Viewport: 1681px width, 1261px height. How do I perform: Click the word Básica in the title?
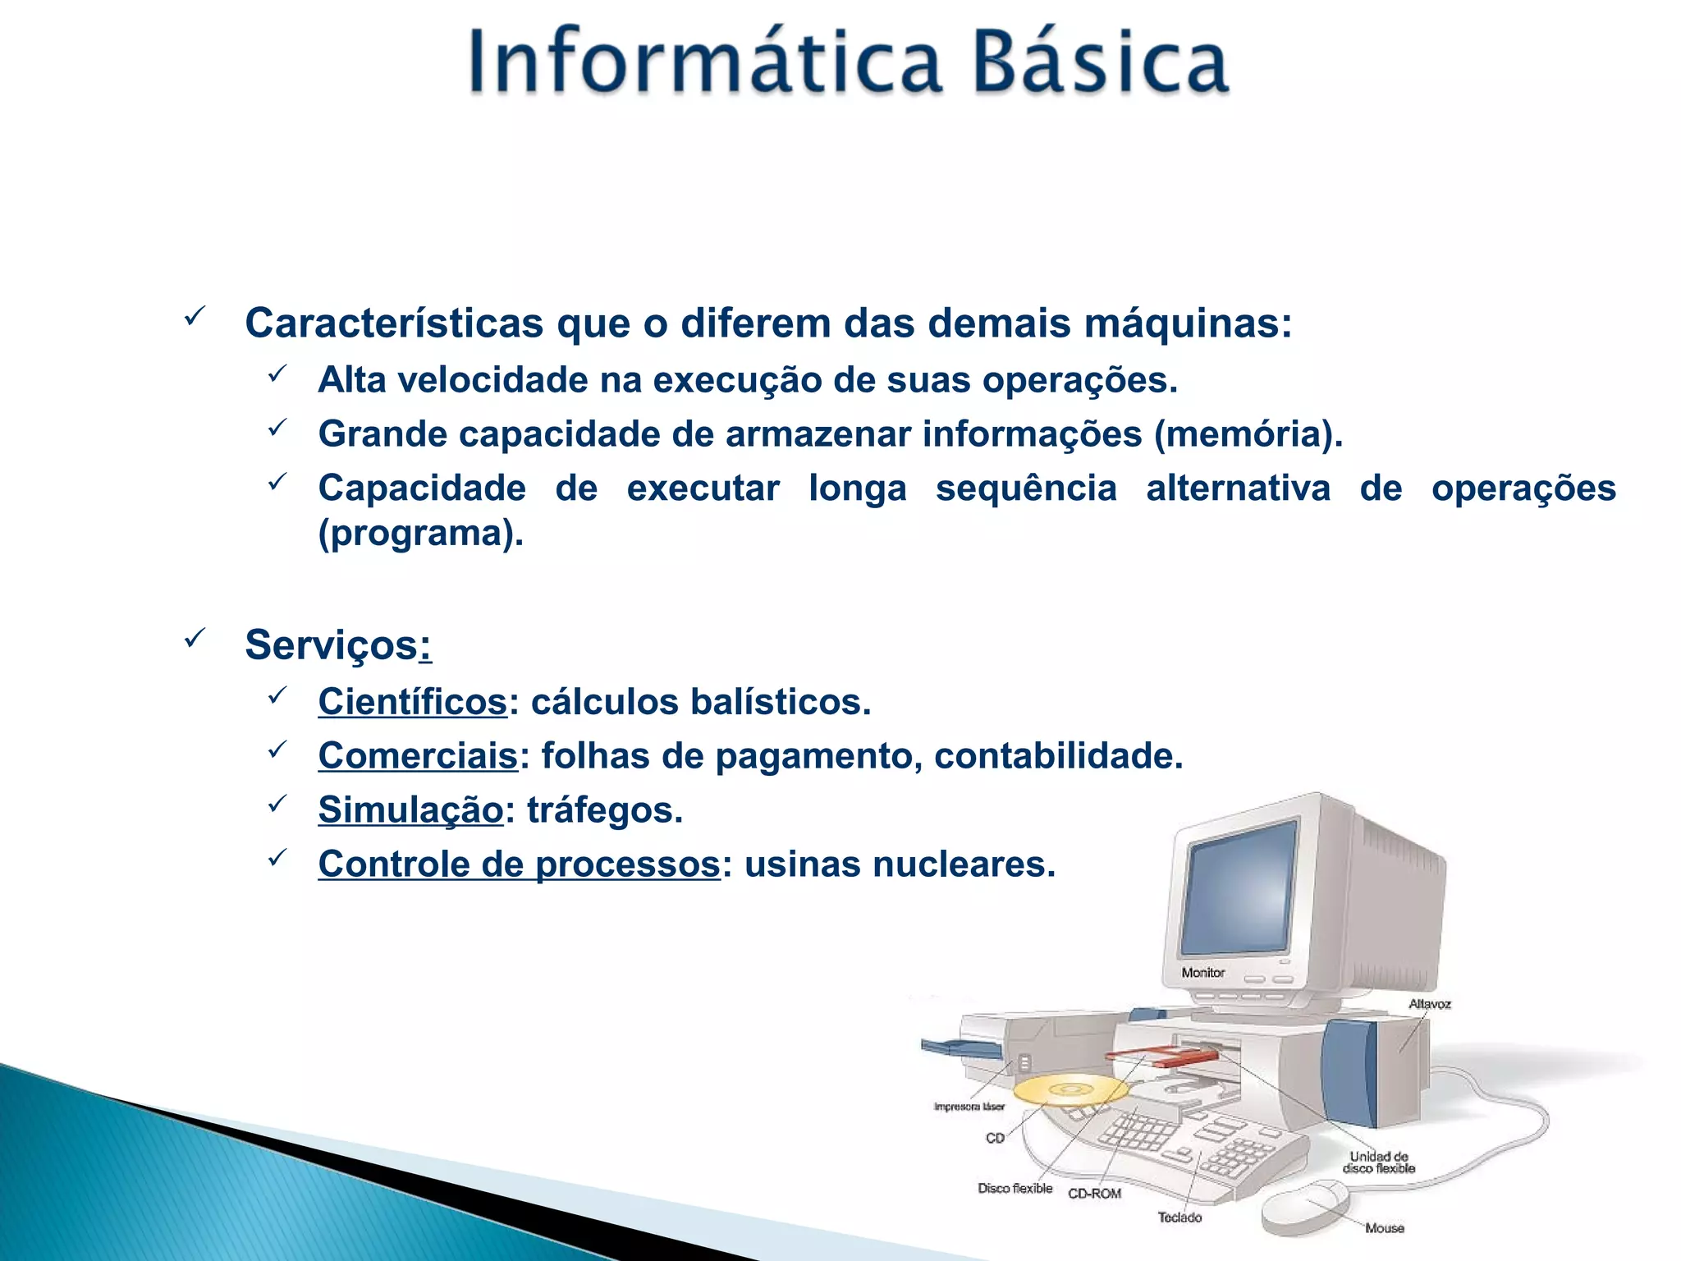[x=1100, y=62]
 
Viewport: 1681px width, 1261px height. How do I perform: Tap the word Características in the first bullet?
[x=394, y=323]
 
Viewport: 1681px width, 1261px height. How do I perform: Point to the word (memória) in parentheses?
[x=1248, y=434]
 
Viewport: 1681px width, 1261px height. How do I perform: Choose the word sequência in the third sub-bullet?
[x=1026, y=488]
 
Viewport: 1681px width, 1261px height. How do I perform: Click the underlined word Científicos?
[x=413, y=702]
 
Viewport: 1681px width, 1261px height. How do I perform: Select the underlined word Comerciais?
[x=418, y=756]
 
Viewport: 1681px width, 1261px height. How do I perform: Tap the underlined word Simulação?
[x=410, y=810]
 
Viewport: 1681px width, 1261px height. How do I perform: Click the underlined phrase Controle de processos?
[x=519, y=864]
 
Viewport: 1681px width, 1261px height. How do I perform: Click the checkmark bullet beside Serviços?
[x=195, y=638]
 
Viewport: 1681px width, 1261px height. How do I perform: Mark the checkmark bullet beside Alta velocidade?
[x=277, y=374]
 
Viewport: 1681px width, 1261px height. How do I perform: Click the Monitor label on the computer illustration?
[x=1202, y=973]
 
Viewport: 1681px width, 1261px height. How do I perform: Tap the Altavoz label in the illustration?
[x=1429, y=1004]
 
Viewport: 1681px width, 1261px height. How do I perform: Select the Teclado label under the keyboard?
[x=1179, y=1217]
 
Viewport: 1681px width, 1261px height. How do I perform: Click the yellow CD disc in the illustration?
[x=1070, y=1090]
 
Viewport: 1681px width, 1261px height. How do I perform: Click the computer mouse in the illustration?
[x=1305, y=1207]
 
